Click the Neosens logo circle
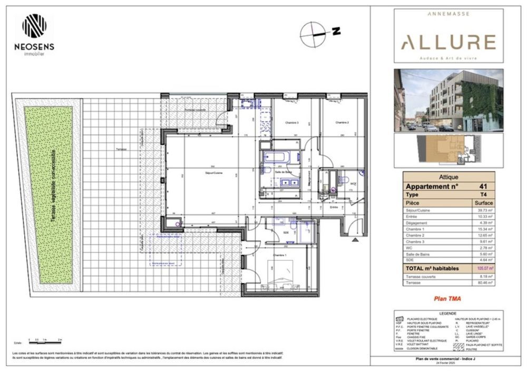(34, 25)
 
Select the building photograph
(448, 100)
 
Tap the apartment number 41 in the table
(482, 186)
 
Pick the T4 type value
(482, 194)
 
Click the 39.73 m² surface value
(482, 210)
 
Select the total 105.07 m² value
(482, 268)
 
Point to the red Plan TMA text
(447, 299)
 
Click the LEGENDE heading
(447, 313)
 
